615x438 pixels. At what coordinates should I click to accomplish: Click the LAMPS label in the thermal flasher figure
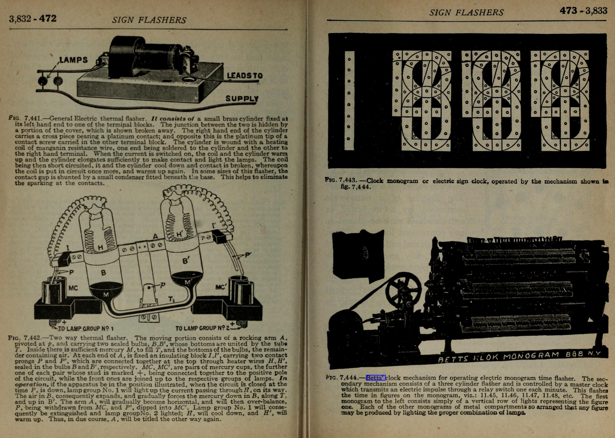(73, 60)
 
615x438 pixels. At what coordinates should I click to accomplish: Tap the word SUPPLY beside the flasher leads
(242, 99)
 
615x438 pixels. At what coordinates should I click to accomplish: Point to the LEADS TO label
(245, 76)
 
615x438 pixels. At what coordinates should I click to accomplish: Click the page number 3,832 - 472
(33, 19)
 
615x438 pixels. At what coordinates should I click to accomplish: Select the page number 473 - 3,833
(583, 11)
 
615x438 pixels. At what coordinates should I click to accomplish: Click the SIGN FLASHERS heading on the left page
(149, 20)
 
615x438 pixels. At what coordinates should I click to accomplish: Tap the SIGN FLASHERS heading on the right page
(466, 13)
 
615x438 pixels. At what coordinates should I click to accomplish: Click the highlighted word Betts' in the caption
(376, 378)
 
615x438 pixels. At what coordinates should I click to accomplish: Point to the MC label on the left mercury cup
(73, 288)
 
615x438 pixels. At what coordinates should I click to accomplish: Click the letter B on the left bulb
(103, 273)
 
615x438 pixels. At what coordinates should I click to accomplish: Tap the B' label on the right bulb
(186, 260)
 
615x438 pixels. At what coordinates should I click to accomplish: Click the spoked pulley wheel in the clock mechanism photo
(403, 290)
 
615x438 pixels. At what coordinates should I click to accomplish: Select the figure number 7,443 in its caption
(348, 180)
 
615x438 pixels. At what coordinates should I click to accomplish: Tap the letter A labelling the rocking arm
(155, 236)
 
